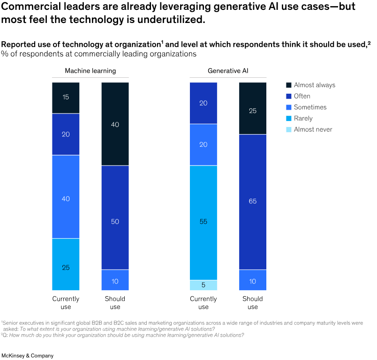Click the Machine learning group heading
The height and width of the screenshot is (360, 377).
point(90,71)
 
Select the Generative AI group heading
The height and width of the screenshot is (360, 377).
point(228,71)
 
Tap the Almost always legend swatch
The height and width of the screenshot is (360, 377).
point(289,85)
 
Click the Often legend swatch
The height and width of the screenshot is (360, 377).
point(289,96)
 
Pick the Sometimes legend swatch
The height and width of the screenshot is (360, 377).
point(289,107)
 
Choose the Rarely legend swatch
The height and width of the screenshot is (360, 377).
point(289,119)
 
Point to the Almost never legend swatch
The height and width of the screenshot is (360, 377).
point(289,129)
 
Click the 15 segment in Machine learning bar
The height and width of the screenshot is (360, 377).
point(66,97)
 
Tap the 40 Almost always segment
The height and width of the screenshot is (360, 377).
point(115,124)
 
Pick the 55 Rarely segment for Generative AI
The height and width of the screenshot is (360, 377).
point(204,223)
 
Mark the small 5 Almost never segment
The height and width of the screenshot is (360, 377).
point(204,285)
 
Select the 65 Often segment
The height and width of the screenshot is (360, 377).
point(253,202)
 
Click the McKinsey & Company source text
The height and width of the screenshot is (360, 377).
point(27,355)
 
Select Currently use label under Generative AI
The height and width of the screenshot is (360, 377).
point(204,303)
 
